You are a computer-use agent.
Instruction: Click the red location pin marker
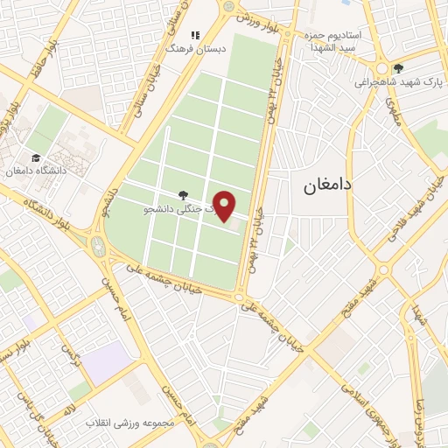click(225, 206)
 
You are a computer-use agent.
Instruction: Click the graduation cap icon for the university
click(35, 158)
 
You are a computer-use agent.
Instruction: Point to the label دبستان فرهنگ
click(198, 50)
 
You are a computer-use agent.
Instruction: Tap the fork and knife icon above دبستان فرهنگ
click(197, 36)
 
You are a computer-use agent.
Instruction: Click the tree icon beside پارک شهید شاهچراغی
click(399, 68)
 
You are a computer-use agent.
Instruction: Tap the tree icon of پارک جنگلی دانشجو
click(182, 194)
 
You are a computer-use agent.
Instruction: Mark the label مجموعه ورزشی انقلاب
click(130, 423)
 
